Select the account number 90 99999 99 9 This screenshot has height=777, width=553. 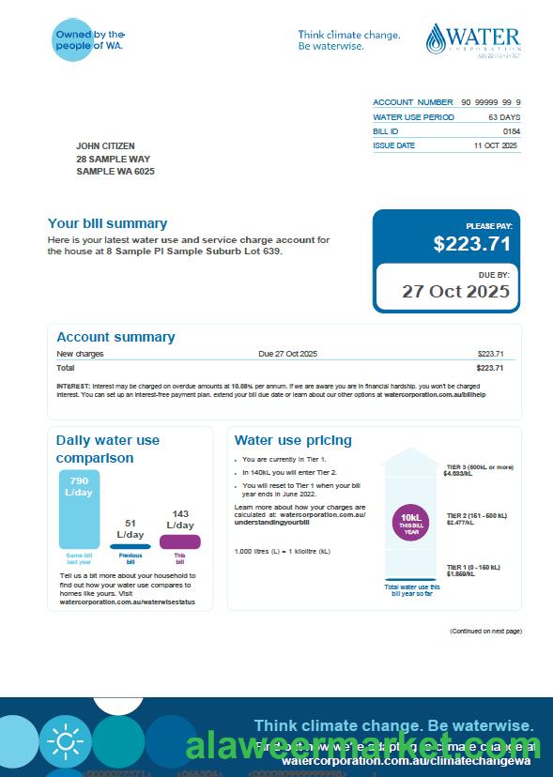(x=490, y=102)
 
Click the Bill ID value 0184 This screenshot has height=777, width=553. (x=511, y=131)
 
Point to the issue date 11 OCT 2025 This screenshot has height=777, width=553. (x=495, y=146)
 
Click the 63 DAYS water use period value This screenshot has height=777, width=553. (x=504, y=117)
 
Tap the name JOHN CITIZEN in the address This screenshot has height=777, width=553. (x=105, y=146)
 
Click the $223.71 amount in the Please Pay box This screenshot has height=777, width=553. (x=472, y=244)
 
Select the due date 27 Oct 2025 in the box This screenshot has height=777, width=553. (x=455, y=291)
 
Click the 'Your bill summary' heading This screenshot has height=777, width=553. (x=107, y=223)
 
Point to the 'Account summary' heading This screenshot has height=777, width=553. (x=115, y=337)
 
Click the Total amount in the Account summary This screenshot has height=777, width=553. (x=490, y=368)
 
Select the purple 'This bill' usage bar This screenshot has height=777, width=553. (x=179, y=541)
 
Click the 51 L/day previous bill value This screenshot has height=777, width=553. (x=130, y=529)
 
